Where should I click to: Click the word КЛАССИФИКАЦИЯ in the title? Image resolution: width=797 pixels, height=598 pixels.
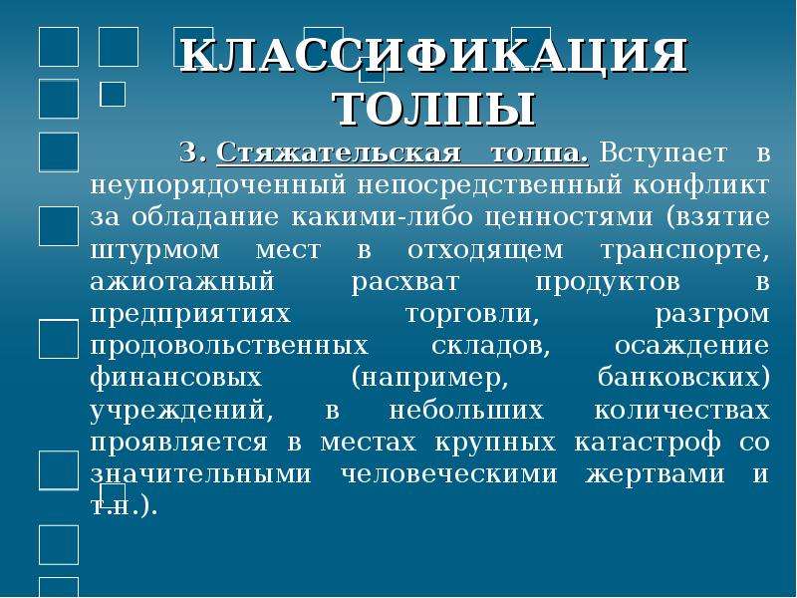pyautogui.click(x=434, y=55)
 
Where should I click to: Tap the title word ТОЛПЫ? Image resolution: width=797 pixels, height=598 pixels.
pyautogui.click(x=435, y=110)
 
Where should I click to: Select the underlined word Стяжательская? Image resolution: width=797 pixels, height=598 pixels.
pyautogui.click(x=340, y=153)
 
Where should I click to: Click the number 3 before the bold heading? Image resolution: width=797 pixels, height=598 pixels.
pyautogui.click(x=192, y=152)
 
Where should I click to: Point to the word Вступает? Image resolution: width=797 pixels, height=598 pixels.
pyautogui.click(x=664, y=153)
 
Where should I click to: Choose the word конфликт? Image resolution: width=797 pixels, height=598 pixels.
pyautogui.click(x=701, y=185)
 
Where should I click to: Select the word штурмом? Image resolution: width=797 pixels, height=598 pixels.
pyautogui.click(x=155, y=251)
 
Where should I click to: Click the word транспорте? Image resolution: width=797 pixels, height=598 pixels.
pyautogui.click(x=685, y=251)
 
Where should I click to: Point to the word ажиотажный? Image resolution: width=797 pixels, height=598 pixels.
pyautogui.click(x=182, y=282)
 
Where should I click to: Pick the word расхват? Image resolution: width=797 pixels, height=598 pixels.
pyautogui.click(x=405, y=283)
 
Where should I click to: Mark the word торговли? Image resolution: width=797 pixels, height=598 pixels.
pyautogui.click(x=472, y=314)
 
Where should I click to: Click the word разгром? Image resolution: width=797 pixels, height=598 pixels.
pyautogui.click(x=712, y=315)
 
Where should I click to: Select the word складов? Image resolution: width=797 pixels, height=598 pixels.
pyautogui.click(x=491, y=347)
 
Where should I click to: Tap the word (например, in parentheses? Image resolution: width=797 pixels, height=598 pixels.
pyautogui.click(x=429, y=379)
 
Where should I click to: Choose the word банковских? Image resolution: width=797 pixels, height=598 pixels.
pyautogui.click(x=683, y=378)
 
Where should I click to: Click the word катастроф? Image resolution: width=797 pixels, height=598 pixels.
pyautogui.click(x=648, y=443)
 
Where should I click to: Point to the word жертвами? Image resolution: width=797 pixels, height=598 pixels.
pyautogui.click(x=656, y=475)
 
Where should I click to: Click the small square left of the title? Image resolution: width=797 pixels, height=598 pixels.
pyautogui.click(x=113, y=94)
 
